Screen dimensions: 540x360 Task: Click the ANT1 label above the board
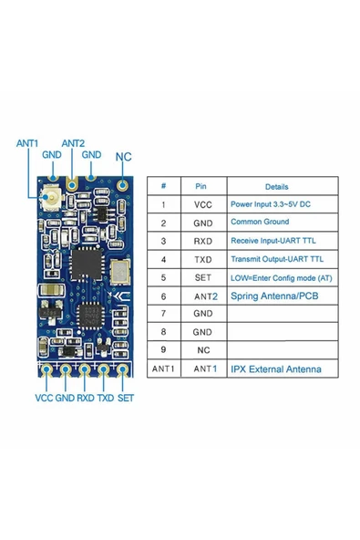(27, 143)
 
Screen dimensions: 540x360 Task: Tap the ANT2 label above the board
(74, 143)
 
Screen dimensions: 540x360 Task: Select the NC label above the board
(124, 156)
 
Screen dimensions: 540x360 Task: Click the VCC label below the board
(44, 399)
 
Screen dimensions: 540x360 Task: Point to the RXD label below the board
(86, 399)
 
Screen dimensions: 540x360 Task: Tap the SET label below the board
(127, 399)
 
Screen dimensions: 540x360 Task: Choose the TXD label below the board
(106, 399)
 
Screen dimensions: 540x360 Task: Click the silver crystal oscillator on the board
(119, 270)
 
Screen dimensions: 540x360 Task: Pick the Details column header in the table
(276, 186)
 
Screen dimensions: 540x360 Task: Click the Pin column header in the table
(202, 186)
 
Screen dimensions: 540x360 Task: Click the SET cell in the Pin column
(202, 276)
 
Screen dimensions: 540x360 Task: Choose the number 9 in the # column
(163, 349)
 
